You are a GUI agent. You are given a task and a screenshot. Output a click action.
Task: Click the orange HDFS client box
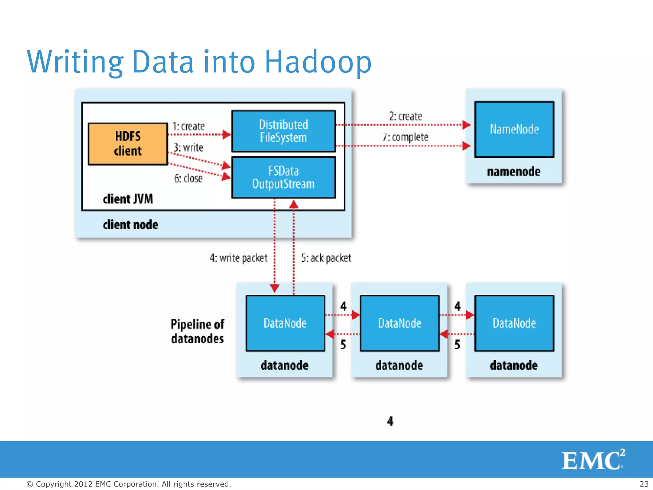(x=128, y=144)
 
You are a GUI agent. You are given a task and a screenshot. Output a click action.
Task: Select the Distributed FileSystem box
(x=283, y=131)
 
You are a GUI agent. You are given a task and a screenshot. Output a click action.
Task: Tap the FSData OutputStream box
(x=283, y=177)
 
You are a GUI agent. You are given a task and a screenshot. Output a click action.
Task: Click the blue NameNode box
(x=514, y=130)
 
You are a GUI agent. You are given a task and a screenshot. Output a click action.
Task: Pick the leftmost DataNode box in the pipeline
(x=285, y=323)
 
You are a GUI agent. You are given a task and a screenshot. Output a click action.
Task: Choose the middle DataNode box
(x=400, y=323)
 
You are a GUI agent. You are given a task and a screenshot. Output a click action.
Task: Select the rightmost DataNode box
(x=514, y=323)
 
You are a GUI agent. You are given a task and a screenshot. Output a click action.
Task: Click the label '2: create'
(x=405, y=116)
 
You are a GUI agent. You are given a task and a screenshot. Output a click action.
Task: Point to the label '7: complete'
(x=405, y=137)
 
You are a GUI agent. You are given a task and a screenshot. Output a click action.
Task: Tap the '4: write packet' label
(x=238, y=258)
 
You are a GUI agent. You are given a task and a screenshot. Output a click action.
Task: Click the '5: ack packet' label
(x=326, y=258)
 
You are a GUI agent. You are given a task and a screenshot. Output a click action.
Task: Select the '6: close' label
(x=188, y=178)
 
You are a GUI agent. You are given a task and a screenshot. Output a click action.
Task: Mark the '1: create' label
(x=188, y=126)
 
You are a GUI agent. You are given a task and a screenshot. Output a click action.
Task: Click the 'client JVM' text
(x=128, y=199)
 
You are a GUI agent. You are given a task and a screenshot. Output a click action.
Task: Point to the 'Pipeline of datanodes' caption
(x=197, y=331)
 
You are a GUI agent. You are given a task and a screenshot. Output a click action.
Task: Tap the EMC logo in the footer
(x=592, y=460)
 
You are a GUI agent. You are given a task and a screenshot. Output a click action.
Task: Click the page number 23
(x=644, y=484)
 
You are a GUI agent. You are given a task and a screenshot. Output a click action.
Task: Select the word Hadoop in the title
(x=318, y=62)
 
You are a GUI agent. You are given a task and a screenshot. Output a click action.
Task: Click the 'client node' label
(x=130, y=225)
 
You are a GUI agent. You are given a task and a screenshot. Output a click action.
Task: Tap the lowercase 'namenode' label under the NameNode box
(x=514, y=172)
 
